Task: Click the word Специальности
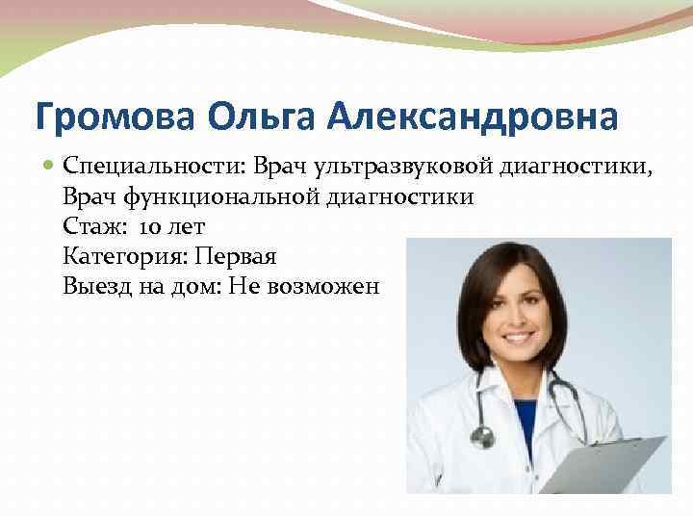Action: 155,169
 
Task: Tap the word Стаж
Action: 91,227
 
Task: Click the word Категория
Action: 122,256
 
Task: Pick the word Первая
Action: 236,256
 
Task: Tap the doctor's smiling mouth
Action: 517,339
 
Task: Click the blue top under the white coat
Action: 525,424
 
